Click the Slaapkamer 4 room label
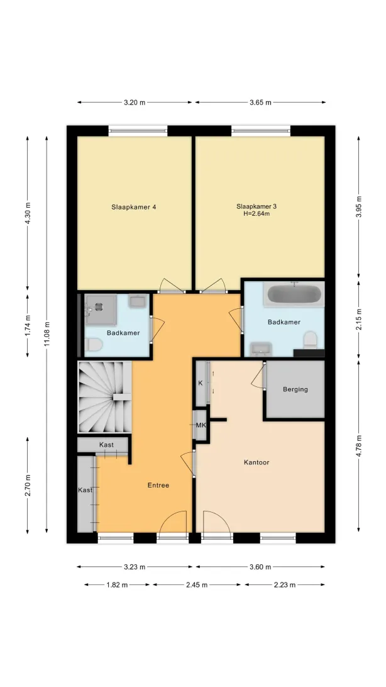[x=133, y=207]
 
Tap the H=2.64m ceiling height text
[x=256, y=214]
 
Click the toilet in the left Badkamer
[x=93, y=345]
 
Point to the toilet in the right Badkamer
[x=311, y=340]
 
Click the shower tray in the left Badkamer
[x=100, y=309]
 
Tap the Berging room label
[x=295, y=389]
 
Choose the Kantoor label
[x=256, y=462]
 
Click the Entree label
[x=158, y=485]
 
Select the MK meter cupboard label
[x=201, y=425]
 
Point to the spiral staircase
[x=104, y=396]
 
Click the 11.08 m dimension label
[x=47, y=334]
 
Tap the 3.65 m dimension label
[x=260, y=103]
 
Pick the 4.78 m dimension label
[x=359, y=446]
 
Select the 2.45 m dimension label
[x=197, y=584]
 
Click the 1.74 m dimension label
[x=28, y=325]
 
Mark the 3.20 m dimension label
[x=135, y=103]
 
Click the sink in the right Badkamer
[x=260, y=349]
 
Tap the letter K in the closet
[x=201, y=383]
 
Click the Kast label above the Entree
[x=106, y=445]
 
